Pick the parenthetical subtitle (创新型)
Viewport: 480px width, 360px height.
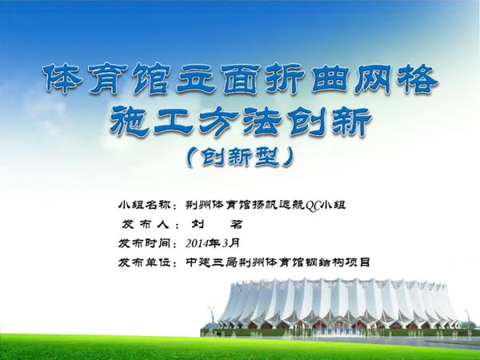pos(238,157)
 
